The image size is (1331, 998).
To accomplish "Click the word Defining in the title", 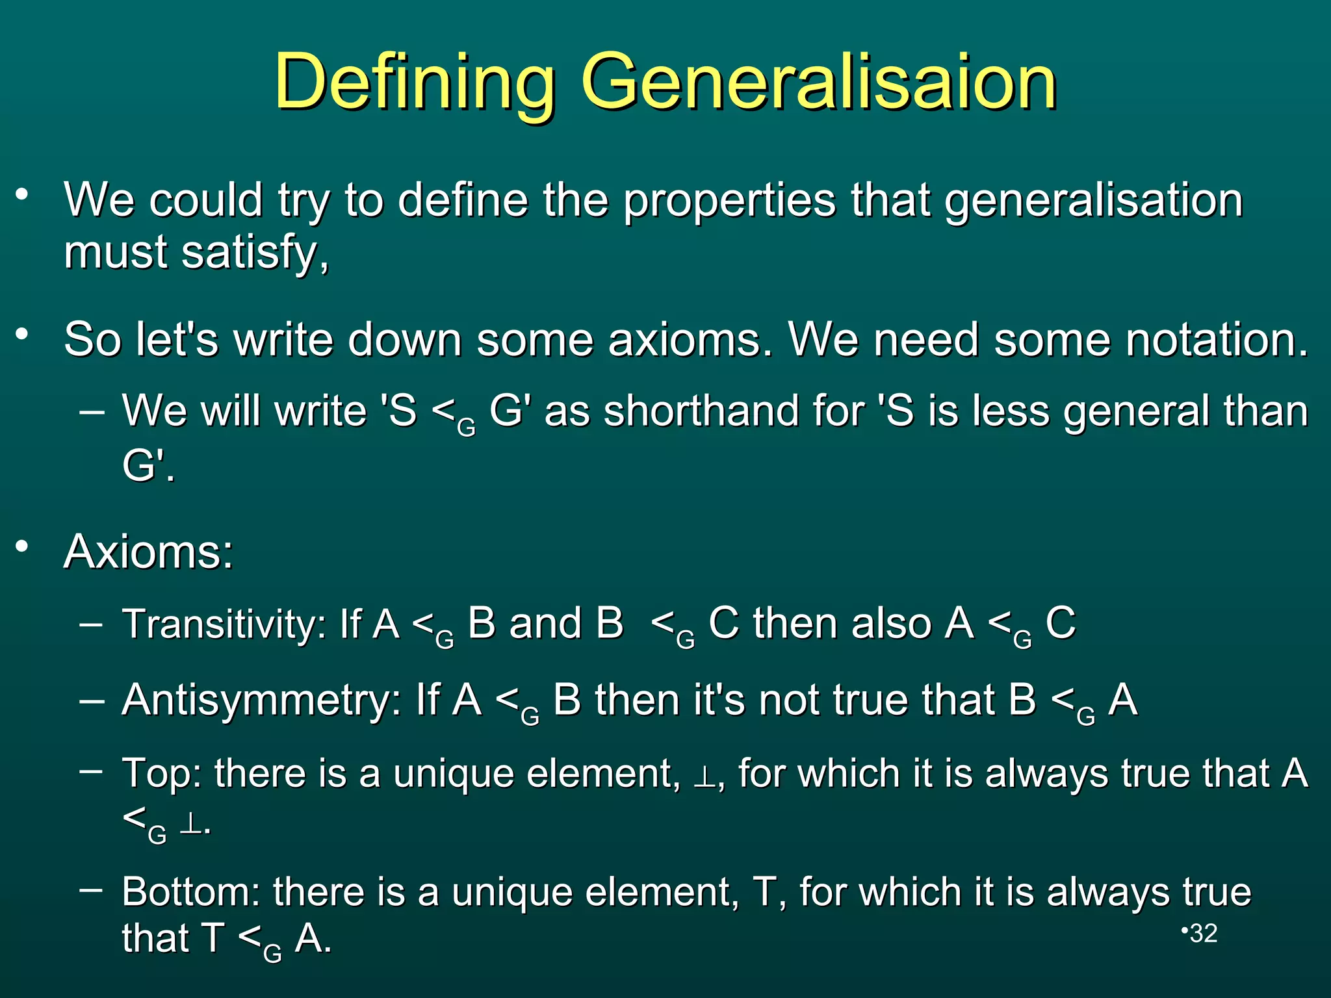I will point(415,83).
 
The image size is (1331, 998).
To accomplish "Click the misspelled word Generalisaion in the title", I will point(819,83).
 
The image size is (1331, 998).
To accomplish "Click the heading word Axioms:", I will point(148,552).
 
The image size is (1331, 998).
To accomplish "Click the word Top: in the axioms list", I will point(162,773).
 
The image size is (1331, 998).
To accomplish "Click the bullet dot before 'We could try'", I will point(23,194).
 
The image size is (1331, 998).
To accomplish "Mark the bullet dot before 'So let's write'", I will point(23,335).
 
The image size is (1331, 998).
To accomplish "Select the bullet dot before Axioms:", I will point(23,546).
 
